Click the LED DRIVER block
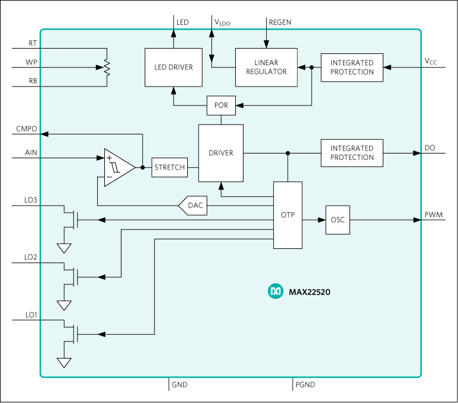tap(174, 68)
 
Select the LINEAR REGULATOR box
tap(266, 68)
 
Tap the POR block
tap(221, 105)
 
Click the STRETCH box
tap(169, 168)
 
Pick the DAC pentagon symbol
tap(194, 206)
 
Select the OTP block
tap(288, 215)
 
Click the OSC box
tap(338, 220)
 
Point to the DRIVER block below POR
tap(221, 153)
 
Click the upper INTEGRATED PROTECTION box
tap(352, 68)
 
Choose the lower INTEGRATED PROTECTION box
tap(352, 153)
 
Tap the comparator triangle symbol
tap(118, 168)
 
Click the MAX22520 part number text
tap(309, 292)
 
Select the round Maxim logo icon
tap(276, 291)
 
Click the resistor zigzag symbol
tap(107, 68)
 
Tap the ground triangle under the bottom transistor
tap(64, 363)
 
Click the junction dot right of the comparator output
tap(143, 168)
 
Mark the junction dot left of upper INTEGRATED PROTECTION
tap(312, 68)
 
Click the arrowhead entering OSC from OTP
tap(322, 220)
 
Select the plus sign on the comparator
tap(110, 159)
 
